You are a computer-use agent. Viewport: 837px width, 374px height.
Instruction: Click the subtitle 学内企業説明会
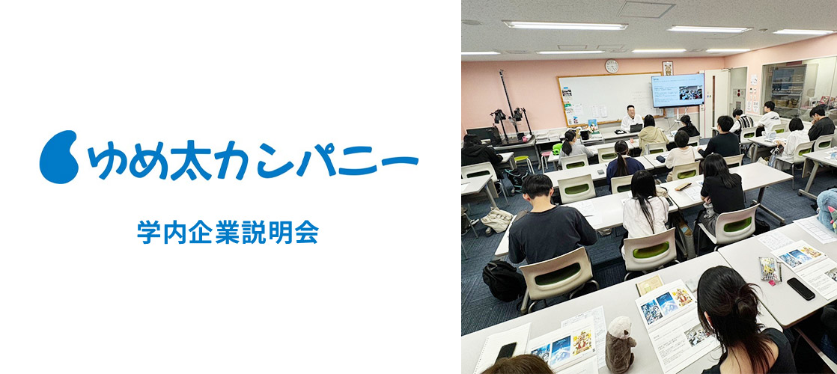228,232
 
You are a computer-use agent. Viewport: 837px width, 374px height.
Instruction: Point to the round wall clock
612,66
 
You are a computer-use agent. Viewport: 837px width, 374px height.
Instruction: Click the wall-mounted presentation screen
678,91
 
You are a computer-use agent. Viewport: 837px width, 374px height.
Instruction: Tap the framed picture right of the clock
667,68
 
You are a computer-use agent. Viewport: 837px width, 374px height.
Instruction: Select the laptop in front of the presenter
636,128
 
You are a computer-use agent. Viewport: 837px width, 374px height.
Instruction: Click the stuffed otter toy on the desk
621,345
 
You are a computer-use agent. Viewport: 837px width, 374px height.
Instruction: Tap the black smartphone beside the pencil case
801,289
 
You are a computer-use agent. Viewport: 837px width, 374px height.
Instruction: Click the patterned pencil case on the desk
769,268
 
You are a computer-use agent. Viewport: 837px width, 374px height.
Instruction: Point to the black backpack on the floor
502,280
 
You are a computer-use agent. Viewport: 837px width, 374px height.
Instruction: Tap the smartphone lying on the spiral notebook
505,351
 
